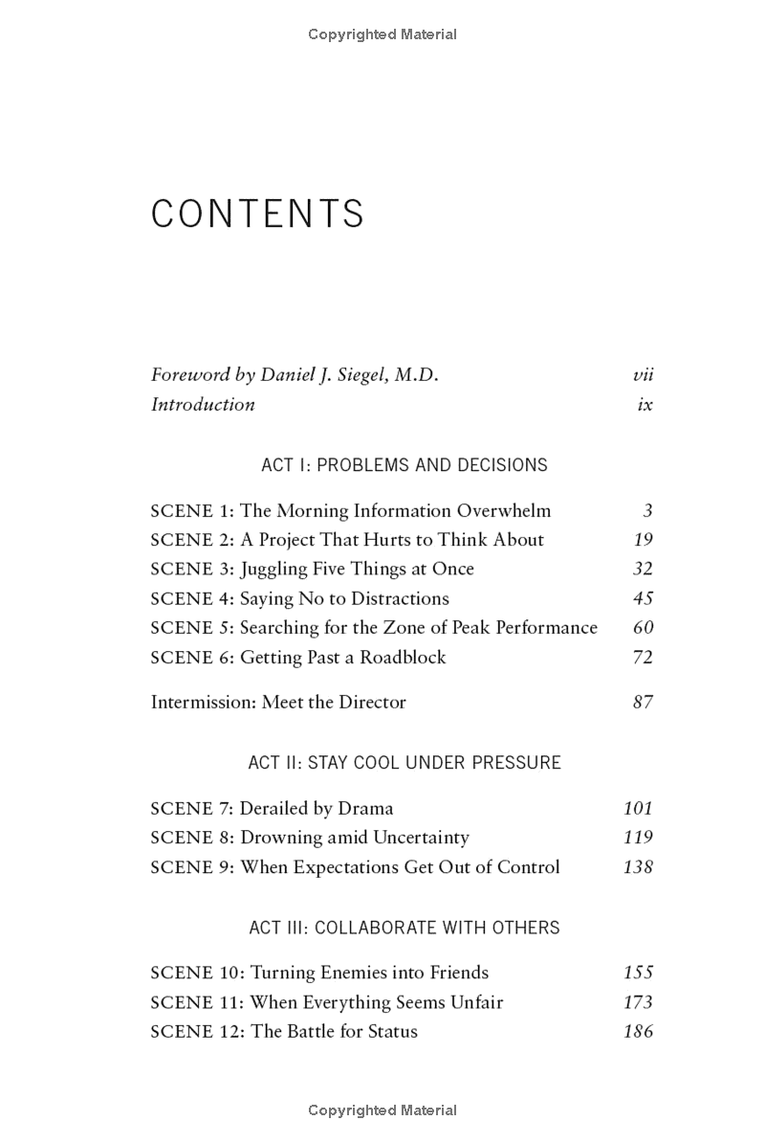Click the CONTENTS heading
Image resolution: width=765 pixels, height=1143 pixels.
[257, 214]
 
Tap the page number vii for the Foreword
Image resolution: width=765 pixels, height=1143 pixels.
[643, 375]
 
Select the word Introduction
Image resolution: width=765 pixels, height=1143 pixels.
[203, 404]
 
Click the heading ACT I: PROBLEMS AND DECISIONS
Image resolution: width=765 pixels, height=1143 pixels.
[404, 465]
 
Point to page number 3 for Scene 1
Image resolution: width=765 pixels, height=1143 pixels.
[648, 511]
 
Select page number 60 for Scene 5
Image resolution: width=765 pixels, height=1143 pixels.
[643, 628]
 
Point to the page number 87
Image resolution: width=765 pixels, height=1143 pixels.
[643, 702]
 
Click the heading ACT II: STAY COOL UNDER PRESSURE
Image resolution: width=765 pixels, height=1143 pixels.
[404, 763]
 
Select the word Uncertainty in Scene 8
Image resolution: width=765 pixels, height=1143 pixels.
[421, 838]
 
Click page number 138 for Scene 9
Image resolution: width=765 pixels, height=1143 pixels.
[638, 867]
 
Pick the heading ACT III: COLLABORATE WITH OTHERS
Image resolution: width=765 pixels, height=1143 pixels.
[404, 928]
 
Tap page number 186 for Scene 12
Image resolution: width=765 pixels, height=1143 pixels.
[638, 1032]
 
